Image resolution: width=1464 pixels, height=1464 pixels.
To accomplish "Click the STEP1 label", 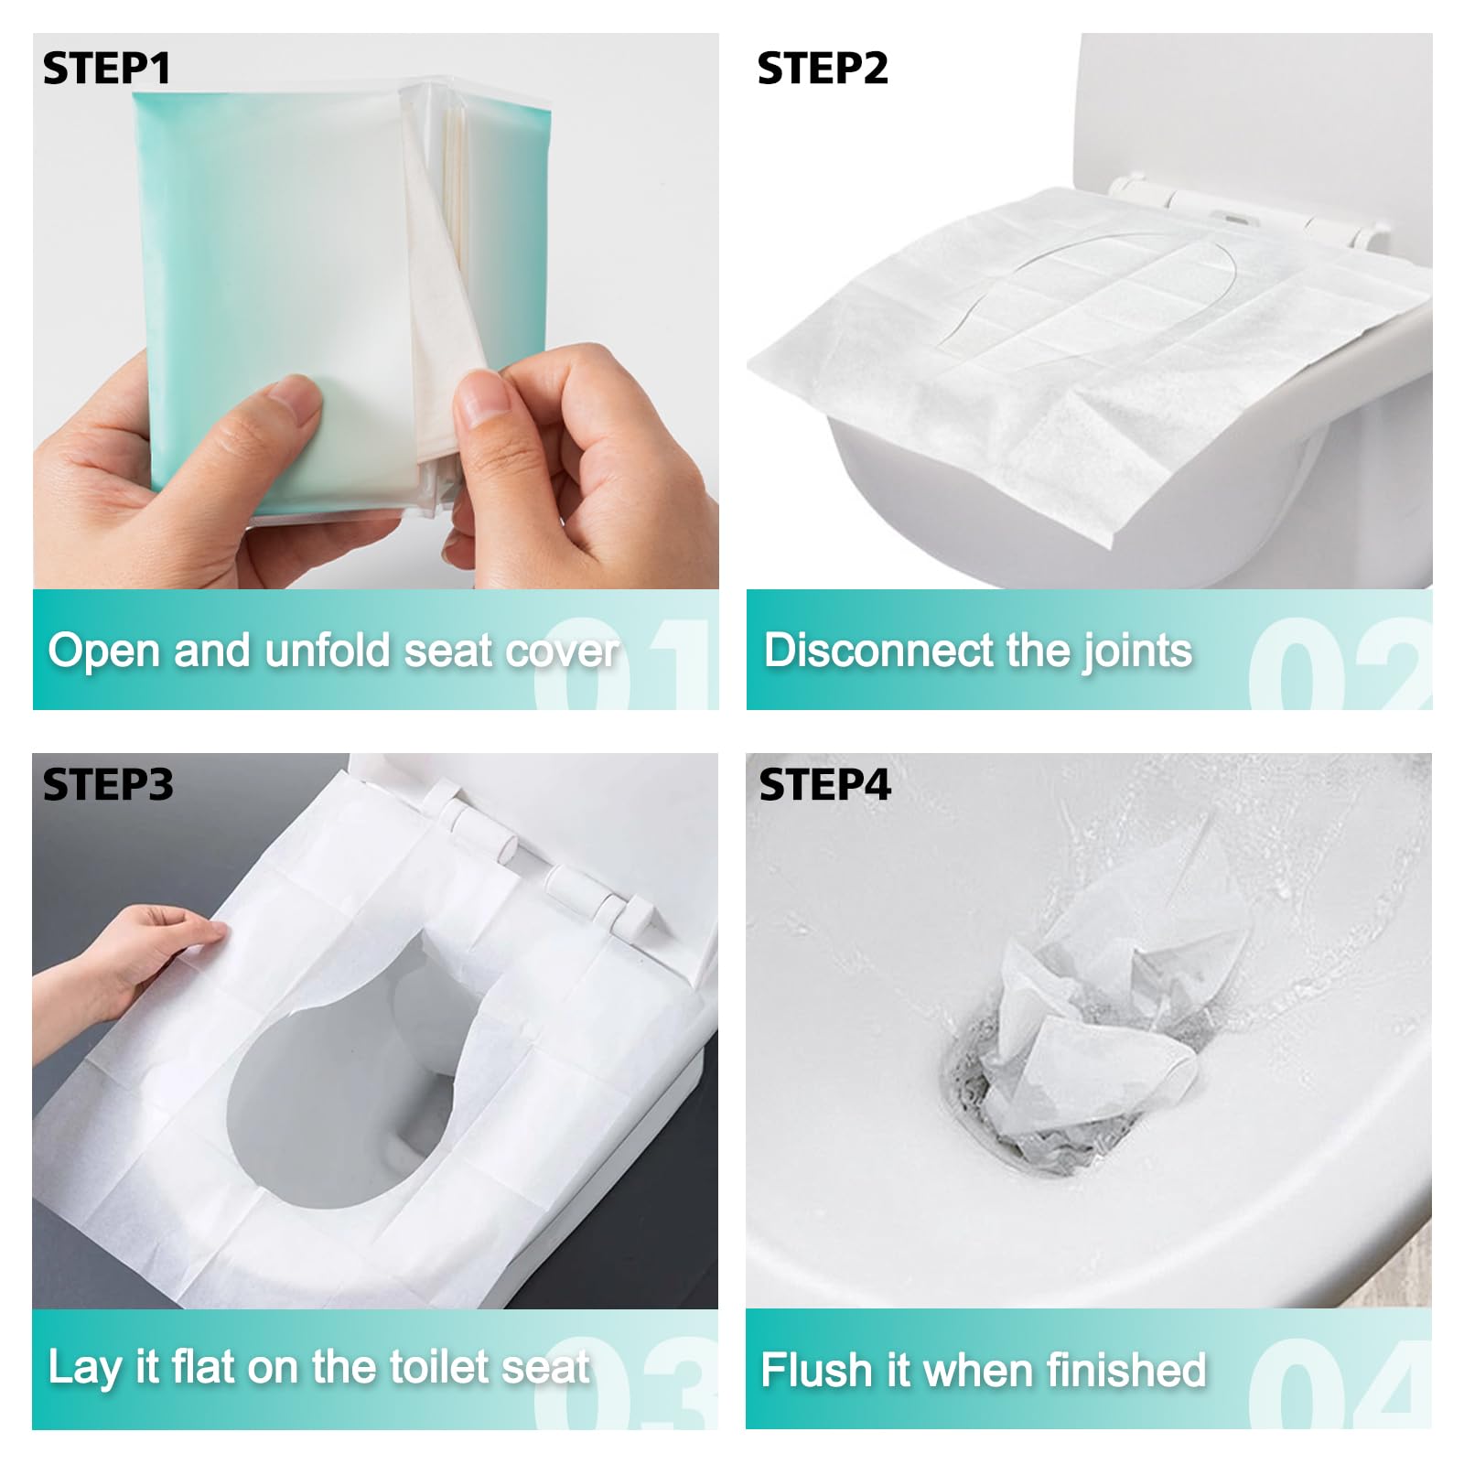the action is point(106,69).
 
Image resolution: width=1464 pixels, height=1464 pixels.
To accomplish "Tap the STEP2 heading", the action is point(823,69).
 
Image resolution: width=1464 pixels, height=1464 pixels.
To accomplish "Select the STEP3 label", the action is point(108,785).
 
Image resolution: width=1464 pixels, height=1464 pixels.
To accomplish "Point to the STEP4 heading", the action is point(824,785).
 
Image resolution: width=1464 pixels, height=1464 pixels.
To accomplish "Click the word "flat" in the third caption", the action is point(205,1367).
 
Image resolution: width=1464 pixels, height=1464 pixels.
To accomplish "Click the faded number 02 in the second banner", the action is point(1340,663).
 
